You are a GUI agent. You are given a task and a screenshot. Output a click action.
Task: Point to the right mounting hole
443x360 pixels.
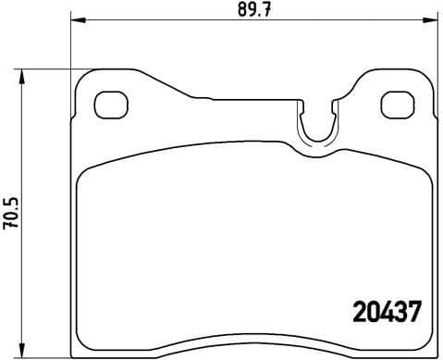[399, 104]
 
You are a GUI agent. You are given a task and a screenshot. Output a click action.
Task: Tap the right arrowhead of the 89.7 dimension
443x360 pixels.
[436, 22]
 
